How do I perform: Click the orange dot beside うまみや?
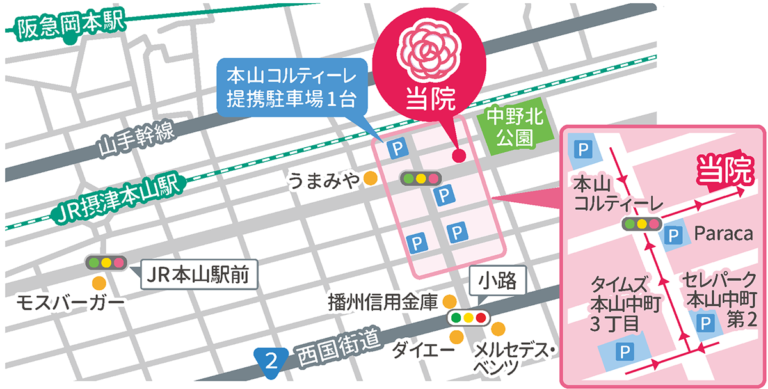369,179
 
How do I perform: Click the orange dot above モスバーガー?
98,282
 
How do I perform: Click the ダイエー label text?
419,349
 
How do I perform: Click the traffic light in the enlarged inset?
641,224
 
